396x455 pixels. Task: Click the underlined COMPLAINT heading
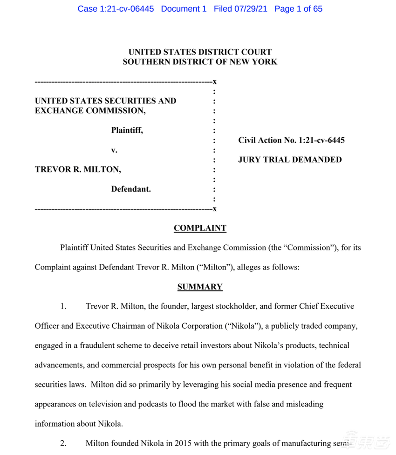tap(200, 228)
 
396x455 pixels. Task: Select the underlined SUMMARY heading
tap(200, 287)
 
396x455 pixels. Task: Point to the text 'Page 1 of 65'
tap(298, 9)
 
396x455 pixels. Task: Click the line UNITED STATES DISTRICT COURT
tap(200, 52)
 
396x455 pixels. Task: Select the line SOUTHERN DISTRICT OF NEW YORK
tap(200, 62)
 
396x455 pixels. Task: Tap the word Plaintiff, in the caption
tap(127, 131)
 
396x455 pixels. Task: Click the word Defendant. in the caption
tap(131, 189)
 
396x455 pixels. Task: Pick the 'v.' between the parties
tap(114, 150)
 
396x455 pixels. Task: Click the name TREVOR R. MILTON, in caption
tap(78, 170)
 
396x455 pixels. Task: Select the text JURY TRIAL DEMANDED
tap(290, 160)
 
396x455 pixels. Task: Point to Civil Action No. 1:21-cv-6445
tap(291, 140)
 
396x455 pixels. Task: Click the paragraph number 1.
tap(63, 307)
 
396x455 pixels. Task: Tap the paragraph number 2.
tap(63, 443)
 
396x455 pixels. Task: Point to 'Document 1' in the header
tap(184, 9)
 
